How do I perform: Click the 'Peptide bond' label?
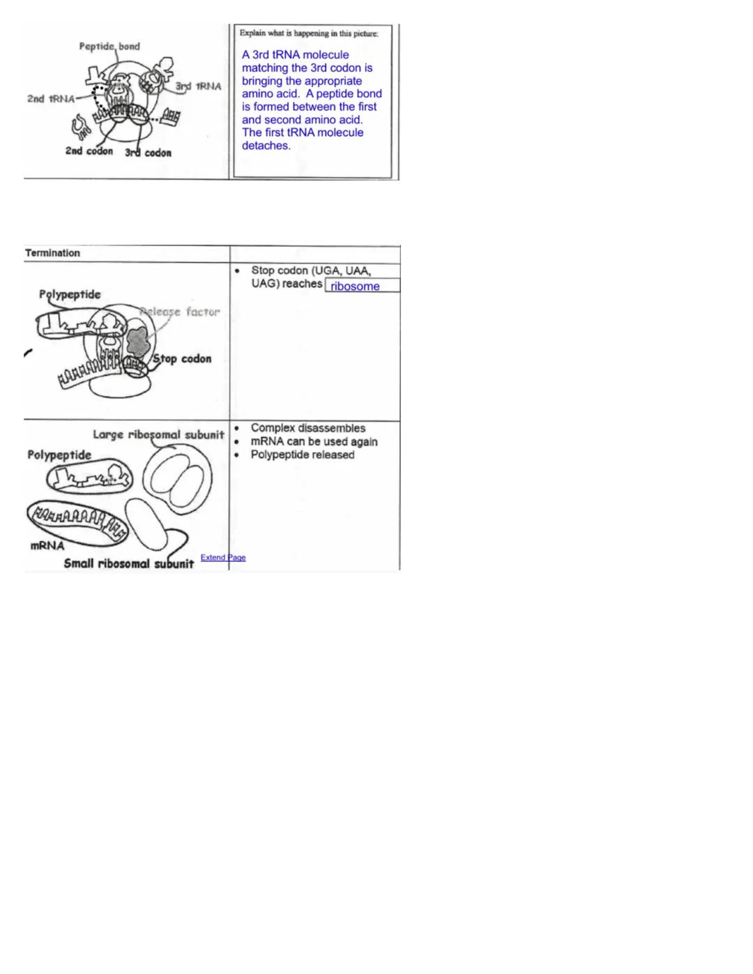coord(109,46)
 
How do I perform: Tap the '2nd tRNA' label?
coord(51,98)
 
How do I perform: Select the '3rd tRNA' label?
coord(198,86)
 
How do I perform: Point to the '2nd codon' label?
coord(89,151)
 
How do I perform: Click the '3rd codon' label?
coord(148,152)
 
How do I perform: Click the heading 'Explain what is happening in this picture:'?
coord(309,33)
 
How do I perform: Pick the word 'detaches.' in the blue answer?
coord(266,146)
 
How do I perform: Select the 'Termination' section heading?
coord(52,253)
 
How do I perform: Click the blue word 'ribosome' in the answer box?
coord(355,286)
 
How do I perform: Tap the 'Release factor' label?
coord(181,312)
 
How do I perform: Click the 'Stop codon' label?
coord(182,358)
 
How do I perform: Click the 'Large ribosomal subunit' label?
coord(158,434)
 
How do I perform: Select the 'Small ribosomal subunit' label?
coord(128,563)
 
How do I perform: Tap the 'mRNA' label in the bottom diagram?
coord(47,545)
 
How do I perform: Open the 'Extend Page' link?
coord(223,558)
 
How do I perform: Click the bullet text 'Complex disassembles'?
coord(307,428)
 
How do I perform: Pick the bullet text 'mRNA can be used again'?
coord(314,441)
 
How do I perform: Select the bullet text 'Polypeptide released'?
coord(303,455)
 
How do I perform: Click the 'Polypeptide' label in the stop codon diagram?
coord(70,294)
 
